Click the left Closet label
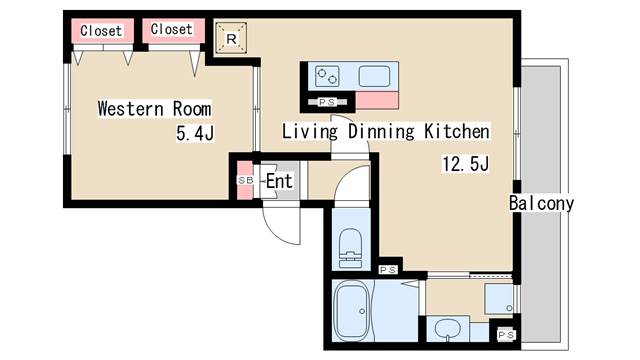[101, 31]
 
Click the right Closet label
[171, 29]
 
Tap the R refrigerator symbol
[231, 38]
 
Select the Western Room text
[155, 109]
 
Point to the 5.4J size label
[195, 133]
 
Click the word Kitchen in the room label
[457, 131]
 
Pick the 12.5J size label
[466, 164]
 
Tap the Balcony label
[541, 203]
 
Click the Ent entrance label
[279, 181]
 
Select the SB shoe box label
[245, 180]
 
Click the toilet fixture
[350, 247]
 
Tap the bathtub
[352, 312]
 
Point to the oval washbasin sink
[447, 329]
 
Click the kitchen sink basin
[374, 77]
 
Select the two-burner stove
[327, 76]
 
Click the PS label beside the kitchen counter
[327, 102]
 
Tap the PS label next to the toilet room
[388, 270]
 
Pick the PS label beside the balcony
[506, 335]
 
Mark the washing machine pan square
[499, 299]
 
